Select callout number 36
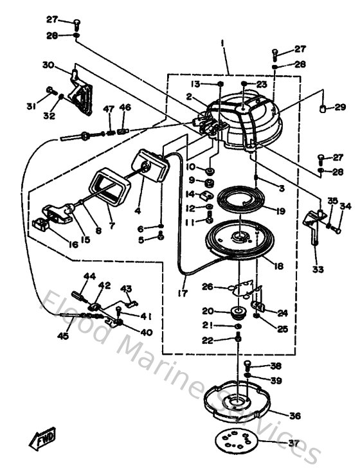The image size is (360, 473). point(294,416)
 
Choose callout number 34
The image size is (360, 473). point(346,207)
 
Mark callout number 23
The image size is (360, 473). point(261,84)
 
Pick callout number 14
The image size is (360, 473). point(190,193)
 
